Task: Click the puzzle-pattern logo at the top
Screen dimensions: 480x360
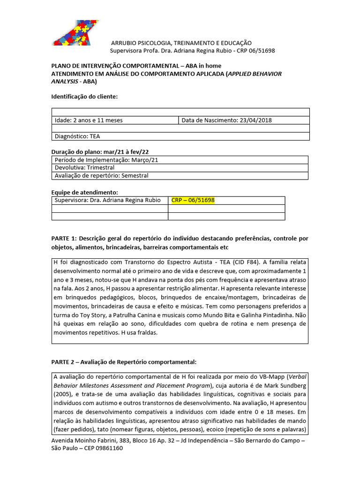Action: click(75, 32)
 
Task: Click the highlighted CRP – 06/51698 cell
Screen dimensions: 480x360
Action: click(193, 200)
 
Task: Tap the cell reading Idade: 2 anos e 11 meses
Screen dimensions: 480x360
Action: click(89, 120)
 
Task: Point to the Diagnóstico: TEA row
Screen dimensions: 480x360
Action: click(77, 136)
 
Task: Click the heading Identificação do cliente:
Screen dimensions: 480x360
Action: click(84, 97)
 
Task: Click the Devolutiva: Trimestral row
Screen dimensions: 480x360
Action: click(84, 167)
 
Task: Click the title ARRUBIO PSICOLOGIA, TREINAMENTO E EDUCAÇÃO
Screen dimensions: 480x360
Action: click(181, 43)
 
